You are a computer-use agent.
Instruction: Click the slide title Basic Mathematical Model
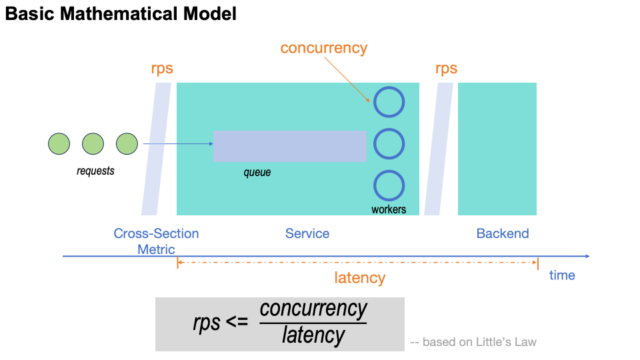point(121,14)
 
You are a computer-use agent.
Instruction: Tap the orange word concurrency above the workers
point(323,48)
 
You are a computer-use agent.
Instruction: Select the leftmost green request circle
point(59,143)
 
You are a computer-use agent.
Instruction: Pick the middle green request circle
point(93,143)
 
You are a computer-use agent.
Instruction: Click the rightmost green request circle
point(127,143)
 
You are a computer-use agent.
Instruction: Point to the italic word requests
point(95,171)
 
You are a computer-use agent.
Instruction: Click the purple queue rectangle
point(289,146)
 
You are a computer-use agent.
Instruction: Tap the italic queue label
point(257,173)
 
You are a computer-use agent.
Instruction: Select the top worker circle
point(389,103)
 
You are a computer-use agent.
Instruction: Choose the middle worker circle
point(389,143)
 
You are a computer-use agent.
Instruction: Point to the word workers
point(389,209)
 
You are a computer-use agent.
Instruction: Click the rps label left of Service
point(162,69)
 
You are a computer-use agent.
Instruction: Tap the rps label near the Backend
point(446,69)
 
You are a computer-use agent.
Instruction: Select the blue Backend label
point(503,233)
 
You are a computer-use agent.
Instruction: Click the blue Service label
point(307,233)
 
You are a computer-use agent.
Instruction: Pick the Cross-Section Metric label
point(156,241)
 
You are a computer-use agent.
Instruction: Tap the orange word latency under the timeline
point(360,278)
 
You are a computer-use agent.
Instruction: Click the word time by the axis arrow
point(562,275)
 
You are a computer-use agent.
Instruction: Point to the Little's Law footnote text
point(473,342)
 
